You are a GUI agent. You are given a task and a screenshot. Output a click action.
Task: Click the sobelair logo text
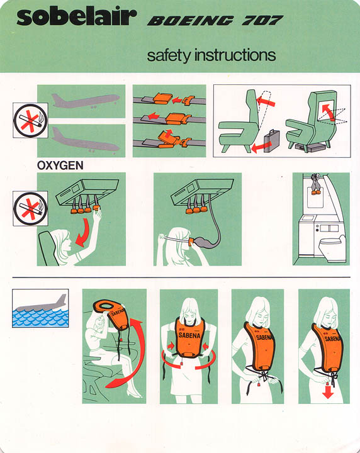[77, 16]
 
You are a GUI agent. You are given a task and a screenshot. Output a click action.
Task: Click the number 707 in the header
[262, 20]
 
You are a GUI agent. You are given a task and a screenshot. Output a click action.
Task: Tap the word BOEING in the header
[191, 21]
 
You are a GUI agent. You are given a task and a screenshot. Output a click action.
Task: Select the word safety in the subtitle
[169, 55]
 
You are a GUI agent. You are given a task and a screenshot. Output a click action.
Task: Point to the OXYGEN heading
[60, 165]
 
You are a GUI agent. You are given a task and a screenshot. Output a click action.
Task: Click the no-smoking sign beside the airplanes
[30, 120]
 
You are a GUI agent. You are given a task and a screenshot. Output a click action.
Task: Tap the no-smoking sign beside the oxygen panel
[30, 208]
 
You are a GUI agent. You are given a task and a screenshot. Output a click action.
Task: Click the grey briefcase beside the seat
[272, 141]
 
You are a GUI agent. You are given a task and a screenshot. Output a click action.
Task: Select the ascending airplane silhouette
[86, 101]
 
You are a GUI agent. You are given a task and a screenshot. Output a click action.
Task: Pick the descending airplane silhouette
[86, 140]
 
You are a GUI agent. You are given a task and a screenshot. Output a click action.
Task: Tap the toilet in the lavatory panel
[332, 247]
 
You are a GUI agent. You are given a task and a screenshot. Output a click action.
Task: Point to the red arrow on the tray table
[328, 112]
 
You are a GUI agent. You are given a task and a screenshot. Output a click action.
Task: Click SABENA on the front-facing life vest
[189, 335]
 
